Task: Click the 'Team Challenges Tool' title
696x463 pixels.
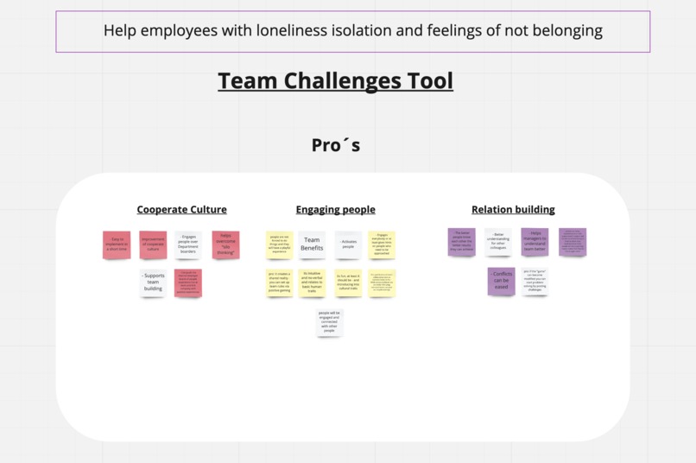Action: (335, 81)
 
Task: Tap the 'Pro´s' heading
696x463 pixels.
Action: (336, 145)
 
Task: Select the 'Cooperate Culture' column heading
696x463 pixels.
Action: (181, 209)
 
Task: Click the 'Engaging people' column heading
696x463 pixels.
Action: (335, 209)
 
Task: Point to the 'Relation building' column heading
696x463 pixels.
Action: (513, 209)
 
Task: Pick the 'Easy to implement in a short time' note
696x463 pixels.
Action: (117, 244)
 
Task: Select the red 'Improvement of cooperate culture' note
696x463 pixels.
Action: (153, 244)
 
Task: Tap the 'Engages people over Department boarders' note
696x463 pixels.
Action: (189, 244)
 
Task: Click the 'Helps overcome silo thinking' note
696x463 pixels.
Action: (226, 244)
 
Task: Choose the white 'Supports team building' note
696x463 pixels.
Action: (154, 282)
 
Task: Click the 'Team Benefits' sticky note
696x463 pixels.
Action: (312, 244)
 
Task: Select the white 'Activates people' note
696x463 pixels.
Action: (349, 244)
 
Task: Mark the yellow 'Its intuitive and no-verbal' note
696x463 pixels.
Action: (312, 282)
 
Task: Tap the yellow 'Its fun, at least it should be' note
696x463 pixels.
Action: (348, 282)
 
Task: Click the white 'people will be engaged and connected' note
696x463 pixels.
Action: (329, 321)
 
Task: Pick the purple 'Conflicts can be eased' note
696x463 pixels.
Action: (502, 280)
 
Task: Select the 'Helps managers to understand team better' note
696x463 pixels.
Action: (535, 242)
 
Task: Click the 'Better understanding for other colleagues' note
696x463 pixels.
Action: (498, 242)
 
